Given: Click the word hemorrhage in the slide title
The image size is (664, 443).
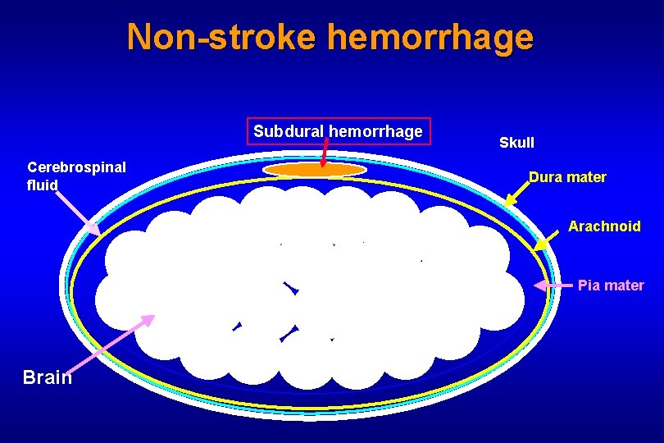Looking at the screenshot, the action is click(x=430, y=37).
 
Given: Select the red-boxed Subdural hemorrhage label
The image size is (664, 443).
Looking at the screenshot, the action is click(x=338, y=131).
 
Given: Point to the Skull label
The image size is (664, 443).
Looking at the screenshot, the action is click(x=516, y=143).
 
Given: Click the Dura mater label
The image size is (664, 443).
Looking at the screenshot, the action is click(x=567, y=176).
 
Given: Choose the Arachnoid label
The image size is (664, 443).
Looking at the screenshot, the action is click(x=604, y=226).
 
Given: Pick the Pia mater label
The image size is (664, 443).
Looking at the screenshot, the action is click(x=611, y=285).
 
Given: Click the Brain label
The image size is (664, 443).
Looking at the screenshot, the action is click(x=48, y=377).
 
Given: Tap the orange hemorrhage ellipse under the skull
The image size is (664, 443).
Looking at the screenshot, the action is click(x=315, y=170).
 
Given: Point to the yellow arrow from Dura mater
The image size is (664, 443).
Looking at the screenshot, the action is click(x=516, y=194).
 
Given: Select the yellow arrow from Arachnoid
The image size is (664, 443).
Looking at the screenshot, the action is click(x=548, y=238).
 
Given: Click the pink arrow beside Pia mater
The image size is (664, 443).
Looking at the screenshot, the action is click(x=553, y=285).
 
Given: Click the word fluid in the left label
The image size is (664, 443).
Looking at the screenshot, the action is click(x=43, y=185).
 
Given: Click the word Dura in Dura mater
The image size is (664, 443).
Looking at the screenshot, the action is click(x=544, y=176).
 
